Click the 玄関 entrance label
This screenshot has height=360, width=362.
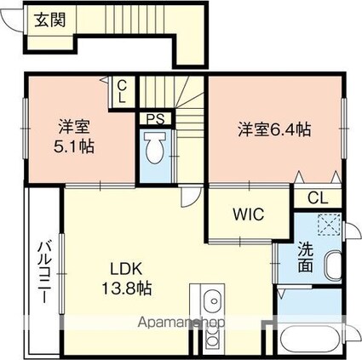click(x=50, y=20)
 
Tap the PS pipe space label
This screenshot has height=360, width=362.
click(x=155, y=119)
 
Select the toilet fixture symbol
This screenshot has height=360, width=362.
click(x=155, y=147)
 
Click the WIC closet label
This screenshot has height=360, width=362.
click(x=249, y=214)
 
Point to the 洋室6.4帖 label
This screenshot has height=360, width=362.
click(x=274, y=129)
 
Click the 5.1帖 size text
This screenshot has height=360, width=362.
click(x=74, y=146)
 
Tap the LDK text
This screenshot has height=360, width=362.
click(x=126, y=269)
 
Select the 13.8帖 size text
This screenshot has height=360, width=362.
click(x=127, y=289)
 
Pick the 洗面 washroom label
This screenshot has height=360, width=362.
click(x=306, y=257)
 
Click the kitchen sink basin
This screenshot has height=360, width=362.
click(x=212, y=301)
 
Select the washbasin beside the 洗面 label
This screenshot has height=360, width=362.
click(x=333, y=266)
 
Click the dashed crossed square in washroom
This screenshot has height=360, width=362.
click(x=329, y=225)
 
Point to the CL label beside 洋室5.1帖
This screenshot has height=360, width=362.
click(x=122, y=92)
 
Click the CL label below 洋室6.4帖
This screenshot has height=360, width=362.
click(x=318, y=198)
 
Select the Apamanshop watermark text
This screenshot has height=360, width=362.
click(x=181, y=323)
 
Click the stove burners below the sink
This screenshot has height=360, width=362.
click(x=211, y=337)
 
